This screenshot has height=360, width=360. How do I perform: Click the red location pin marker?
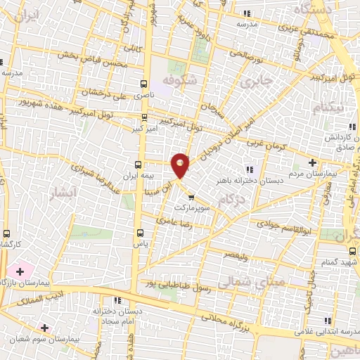(x=181, y=164)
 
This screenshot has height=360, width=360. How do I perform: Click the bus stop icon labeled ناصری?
(x=143, y=82)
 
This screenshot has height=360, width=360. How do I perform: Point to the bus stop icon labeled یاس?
(x=139, y=232)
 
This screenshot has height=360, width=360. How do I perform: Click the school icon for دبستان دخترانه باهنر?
(x=248, y=168)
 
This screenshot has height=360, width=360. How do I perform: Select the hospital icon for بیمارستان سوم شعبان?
(x=45, y=328)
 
